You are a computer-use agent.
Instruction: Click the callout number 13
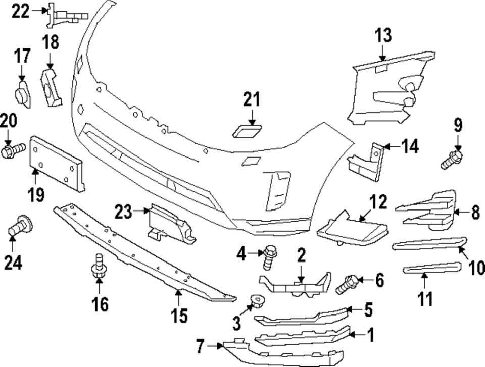coord(383,36)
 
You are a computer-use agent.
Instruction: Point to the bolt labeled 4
coord(268,257)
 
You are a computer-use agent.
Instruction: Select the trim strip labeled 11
coord(432,268)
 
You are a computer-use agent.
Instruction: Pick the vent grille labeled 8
coord(429,210)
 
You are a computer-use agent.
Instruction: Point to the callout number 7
coord(200,346)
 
